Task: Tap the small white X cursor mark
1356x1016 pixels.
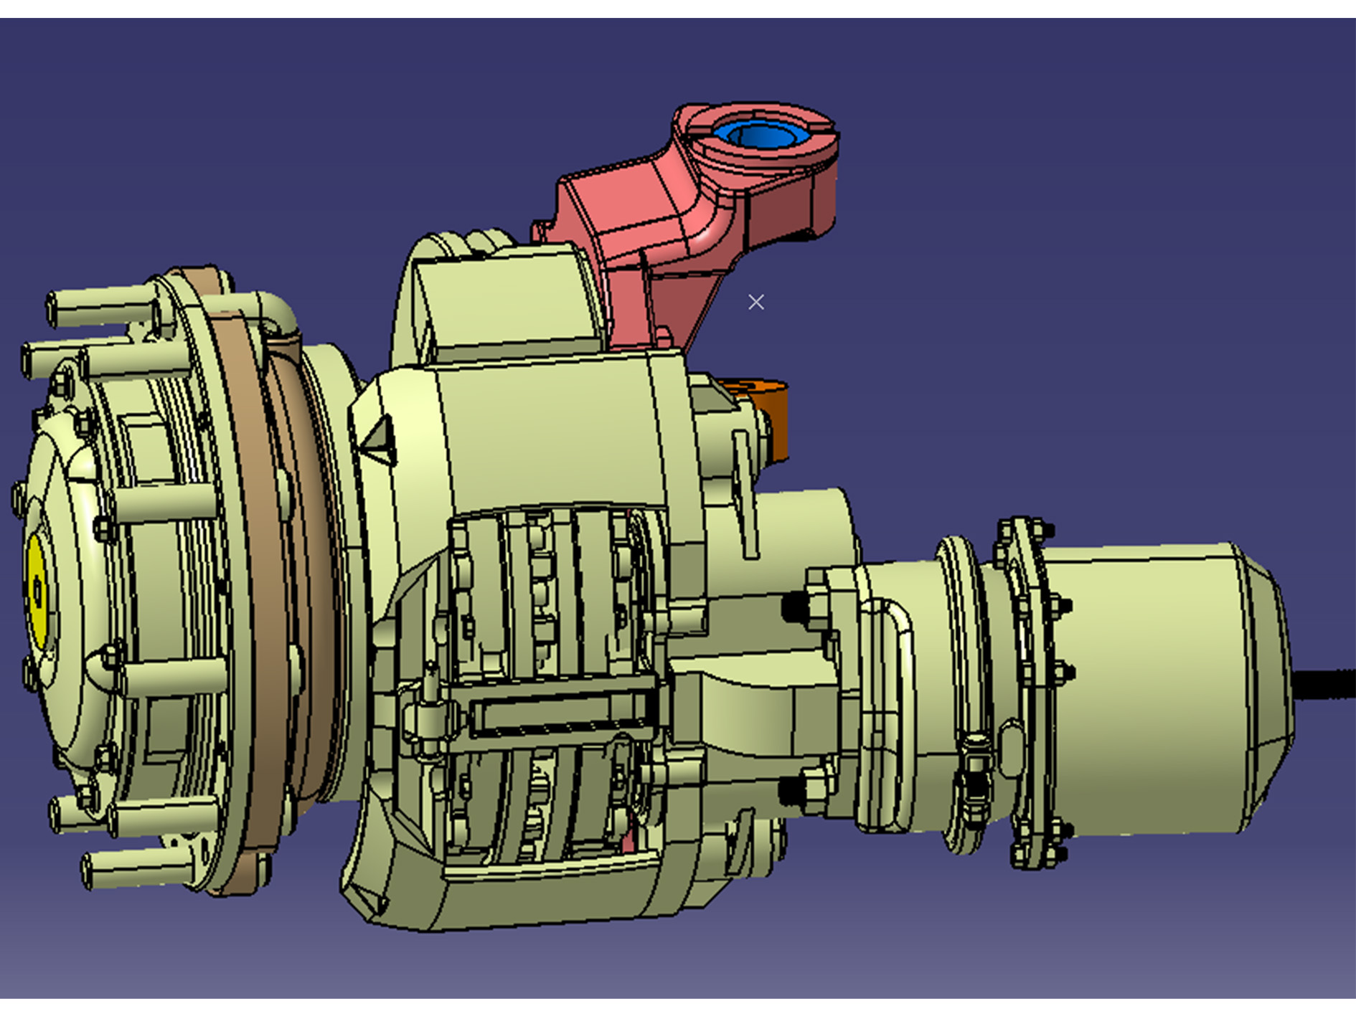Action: pyautogui.click(x=755, y=302)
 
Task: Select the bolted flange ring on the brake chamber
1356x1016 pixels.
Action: pyautogui.click(x=1033, y=688)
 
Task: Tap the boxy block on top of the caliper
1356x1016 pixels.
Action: pyautogui.click(x=509, y=301)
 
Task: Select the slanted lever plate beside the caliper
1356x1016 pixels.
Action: pyautogui.click(x=746, y=495)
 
